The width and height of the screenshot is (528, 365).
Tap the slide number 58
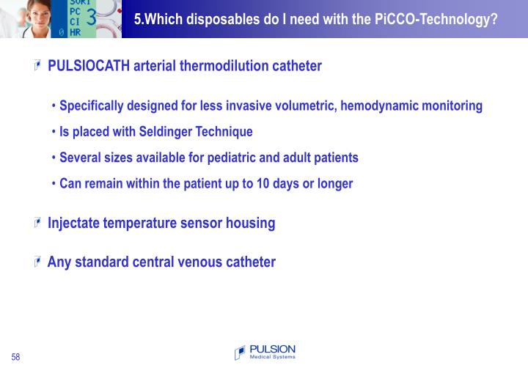tap(15, 357)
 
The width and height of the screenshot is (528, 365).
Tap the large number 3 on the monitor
tap(92, 18)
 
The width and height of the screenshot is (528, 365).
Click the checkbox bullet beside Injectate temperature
tap(37, 223)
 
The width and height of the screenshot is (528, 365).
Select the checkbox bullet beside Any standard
tap(37, 262)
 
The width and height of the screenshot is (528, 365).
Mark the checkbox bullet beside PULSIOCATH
tap(37, 66)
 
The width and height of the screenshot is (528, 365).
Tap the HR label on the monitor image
tap(75, 32)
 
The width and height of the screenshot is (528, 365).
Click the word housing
tap(250, 223)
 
